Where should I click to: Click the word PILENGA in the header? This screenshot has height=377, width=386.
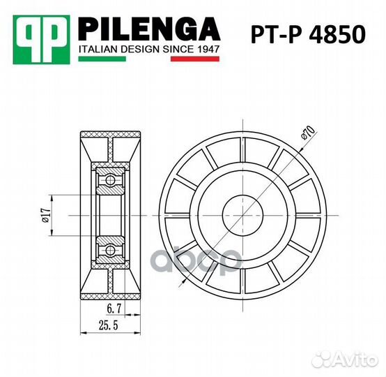click(x=149, y=30)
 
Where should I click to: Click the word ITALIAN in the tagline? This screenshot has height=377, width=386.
click(x=100, y=50)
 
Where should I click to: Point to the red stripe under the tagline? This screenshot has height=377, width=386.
click(x=196, y=61)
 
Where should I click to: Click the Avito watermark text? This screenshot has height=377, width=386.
click(x=353, y=359)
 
